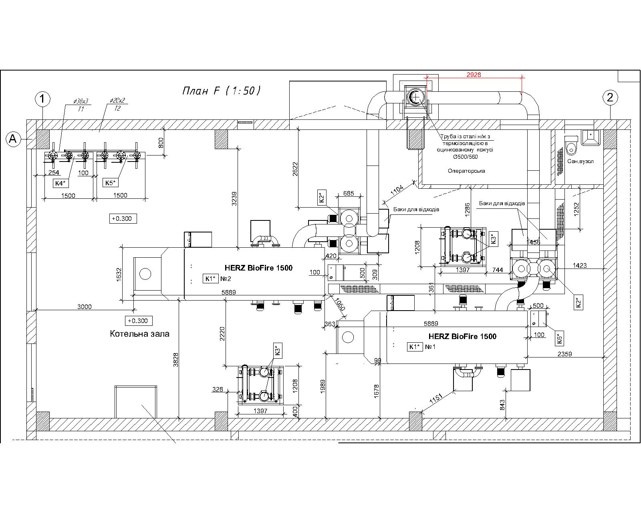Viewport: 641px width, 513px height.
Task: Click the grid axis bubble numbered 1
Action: [42, 99]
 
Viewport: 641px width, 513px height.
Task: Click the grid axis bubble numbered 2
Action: [610, 97]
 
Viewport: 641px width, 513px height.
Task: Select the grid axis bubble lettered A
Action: [13, 139]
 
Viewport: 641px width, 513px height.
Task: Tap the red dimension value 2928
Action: [474, 75]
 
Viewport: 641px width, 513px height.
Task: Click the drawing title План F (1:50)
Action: [221, 90]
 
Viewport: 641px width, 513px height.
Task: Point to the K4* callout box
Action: [60, 183]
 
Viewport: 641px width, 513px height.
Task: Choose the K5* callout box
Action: [110, 182]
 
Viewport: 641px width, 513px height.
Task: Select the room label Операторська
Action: [466, 171]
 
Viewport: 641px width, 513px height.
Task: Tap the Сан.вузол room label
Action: [580, 161]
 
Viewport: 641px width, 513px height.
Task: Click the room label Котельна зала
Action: [140, 333]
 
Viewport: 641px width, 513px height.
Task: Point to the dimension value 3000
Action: [85, 307]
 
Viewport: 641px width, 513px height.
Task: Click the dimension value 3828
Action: [176, 360]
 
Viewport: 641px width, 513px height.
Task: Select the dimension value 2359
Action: [564, 354]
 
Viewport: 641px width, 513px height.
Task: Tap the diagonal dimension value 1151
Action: [436, 398]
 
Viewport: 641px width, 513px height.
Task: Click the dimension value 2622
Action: [295, 169]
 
